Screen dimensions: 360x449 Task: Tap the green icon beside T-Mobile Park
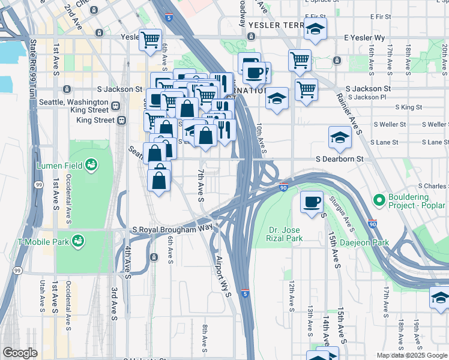(77, 241)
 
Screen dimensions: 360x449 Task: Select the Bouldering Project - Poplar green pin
(379, 199)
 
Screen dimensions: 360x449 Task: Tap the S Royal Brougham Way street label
(172, 229)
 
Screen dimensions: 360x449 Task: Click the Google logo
(20, 352)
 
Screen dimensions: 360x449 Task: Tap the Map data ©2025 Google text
(412, 355)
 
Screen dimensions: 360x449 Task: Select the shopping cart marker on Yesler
(150, 40)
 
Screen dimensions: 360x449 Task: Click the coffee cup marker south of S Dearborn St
(312, 202)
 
